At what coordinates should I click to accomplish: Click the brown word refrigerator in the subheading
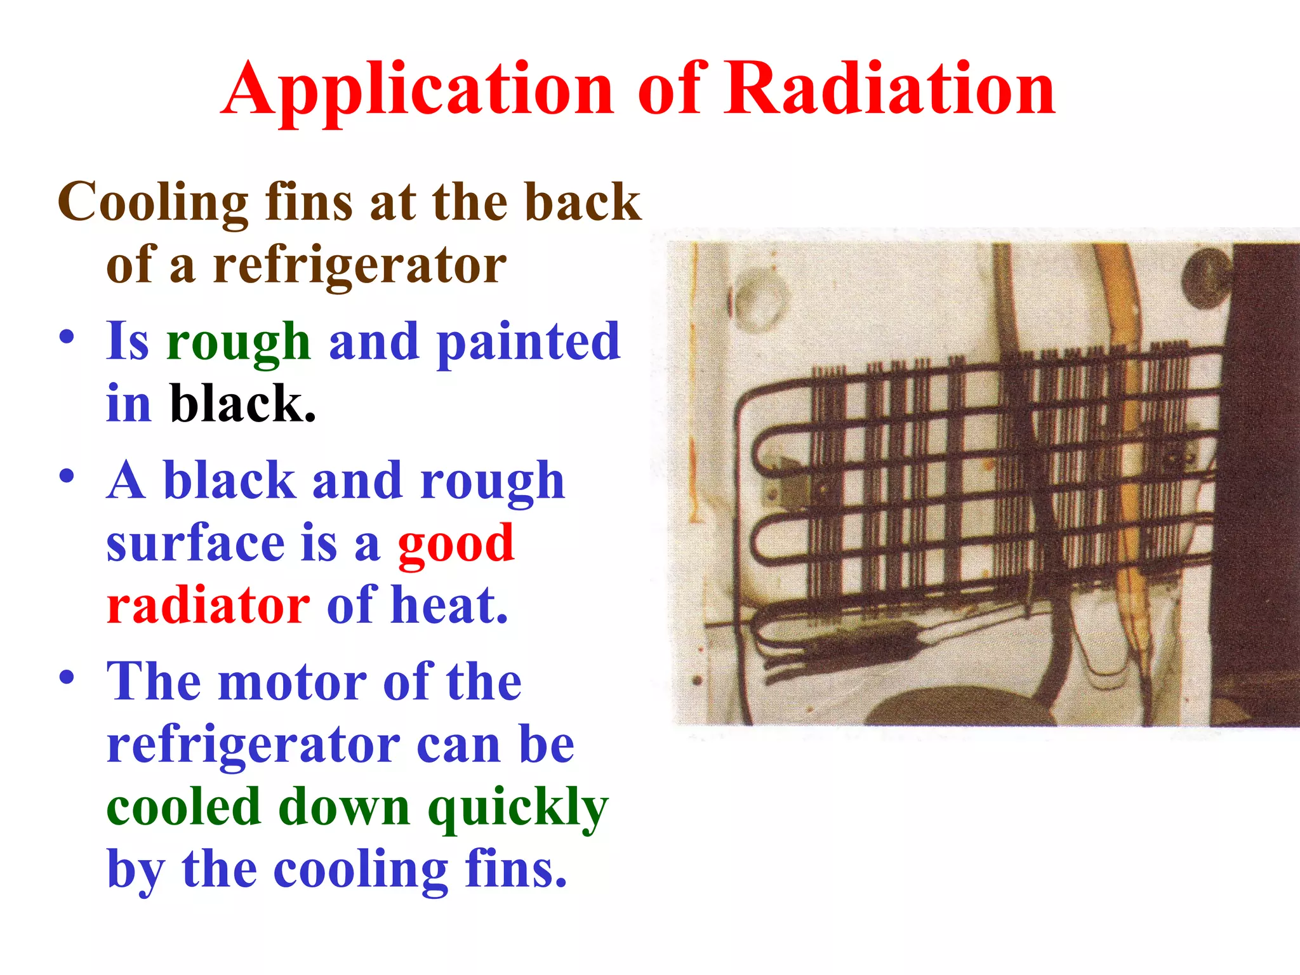tap(359, 265)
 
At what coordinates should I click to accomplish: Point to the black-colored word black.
tap(242, 405)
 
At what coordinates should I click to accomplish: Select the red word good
tap(455, 544)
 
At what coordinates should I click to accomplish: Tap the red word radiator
tap(208, 606)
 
